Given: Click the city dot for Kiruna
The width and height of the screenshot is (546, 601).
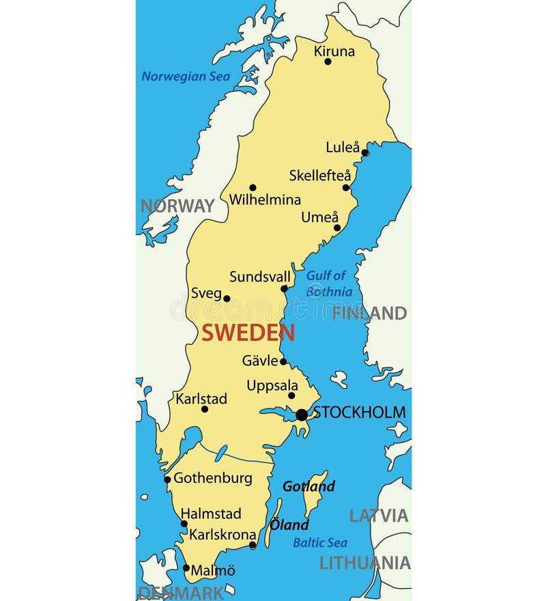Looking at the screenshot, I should [328, 61].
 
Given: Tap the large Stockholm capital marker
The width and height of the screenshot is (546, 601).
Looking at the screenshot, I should [302, 415].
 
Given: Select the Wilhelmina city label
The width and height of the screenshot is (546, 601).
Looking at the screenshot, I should [265, 200].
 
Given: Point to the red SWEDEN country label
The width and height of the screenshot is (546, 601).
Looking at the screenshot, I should [248, 333].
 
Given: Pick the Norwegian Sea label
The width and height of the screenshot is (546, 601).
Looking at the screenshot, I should [186, 76].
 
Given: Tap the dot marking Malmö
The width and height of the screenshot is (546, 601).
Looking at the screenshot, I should [186, 568].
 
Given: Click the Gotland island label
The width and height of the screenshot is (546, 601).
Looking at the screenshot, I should [308, 486].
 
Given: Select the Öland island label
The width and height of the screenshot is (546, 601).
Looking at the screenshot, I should [289, 525].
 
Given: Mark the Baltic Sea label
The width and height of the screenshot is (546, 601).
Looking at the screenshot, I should [320, 543].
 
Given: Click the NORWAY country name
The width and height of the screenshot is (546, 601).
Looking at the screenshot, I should [177, 206].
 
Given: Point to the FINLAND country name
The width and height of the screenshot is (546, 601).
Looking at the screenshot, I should [369, 313].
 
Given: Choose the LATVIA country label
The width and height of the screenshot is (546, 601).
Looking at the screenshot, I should [379, 516].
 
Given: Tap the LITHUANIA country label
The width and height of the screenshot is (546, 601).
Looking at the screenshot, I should [365, 563].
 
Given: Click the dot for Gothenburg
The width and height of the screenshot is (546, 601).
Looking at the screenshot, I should [167, 479].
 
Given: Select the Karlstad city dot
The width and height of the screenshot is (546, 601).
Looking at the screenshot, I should [204, 409].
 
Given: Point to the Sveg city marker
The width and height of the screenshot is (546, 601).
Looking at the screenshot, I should [227, 298].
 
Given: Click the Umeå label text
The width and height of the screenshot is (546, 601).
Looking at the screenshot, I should [320, 217].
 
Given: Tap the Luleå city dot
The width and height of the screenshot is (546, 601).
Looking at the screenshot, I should [364, 153].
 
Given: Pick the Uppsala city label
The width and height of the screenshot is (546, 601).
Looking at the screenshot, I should [272, 385].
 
